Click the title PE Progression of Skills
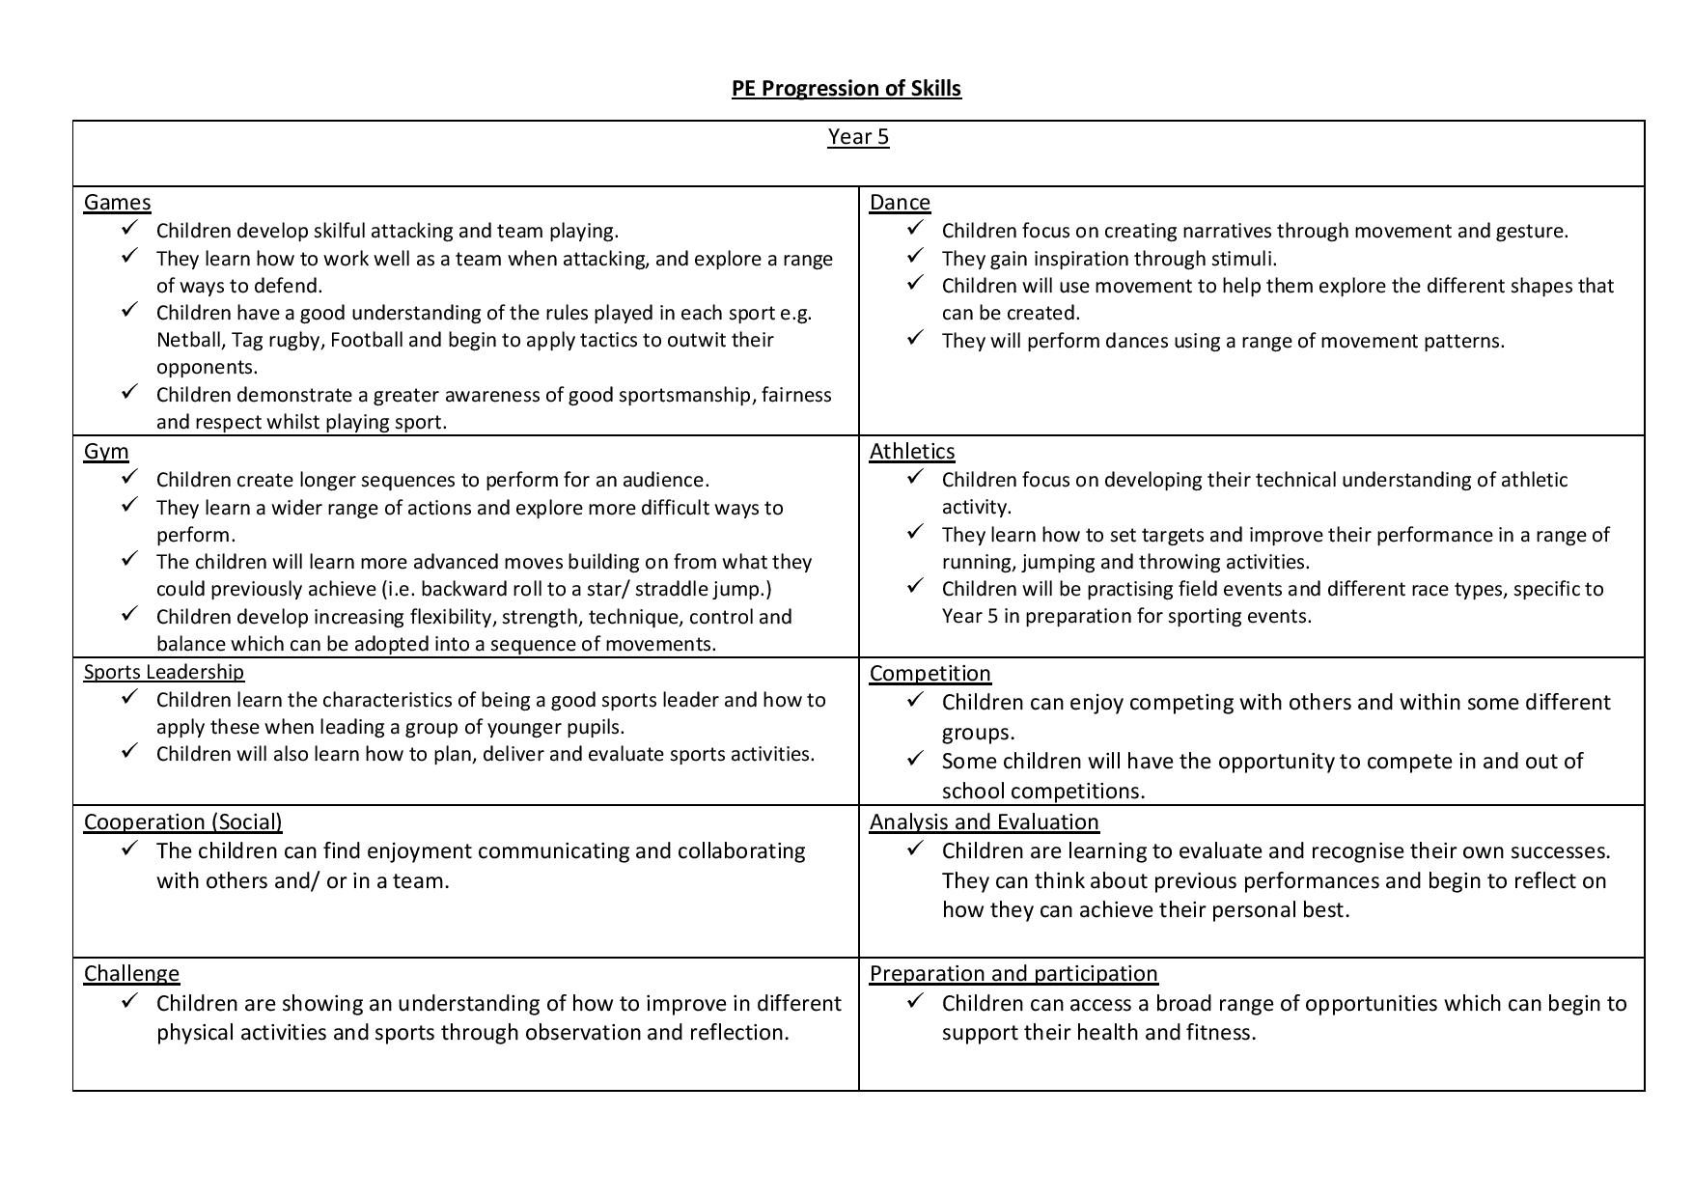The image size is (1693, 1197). pos(846,88)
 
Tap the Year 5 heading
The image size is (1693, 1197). pos(858,137)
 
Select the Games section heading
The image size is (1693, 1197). pos(117,203)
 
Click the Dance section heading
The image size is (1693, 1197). pos(900,203)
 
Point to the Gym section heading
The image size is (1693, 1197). pos(106,452)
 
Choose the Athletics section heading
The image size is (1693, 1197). pos(911,452)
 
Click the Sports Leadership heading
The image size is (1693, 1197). pos(164,672)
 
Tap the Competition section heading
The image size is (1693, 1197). pos(930,674)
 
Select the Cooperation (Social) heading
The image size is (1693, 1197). pos(182,822)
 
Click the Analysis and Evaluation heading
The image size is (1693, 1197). pos(984,822)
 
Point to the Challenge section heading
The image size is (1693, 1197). pos(131,974)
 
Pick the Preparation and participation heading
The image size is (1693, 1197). pos(1013,974)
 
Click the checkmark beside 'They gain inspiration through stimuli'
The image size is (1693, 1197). pos(915,256)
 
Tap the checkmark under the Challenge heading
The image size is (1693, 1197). pos(129,1000)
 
